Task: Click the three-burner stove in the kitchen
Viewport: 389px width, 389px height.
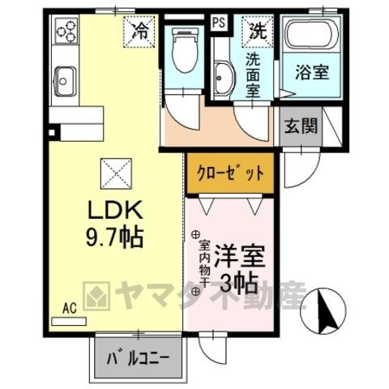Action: coord(67,30)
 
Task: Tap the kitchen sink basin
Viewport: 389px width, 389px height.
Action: coord(65,81)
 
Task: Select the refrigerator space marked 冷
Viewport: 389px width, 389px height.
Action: coord(139,32)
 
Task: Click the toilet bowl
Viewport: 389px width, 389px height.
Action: coord(185,50)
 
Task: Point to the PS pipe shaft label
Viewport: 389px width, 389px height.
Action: coord(219,23)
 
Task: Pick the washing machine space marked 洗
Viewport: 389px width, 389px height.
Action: coord(258,32)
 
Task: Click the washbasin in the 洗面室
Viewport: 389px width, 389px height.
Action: coord(224,78)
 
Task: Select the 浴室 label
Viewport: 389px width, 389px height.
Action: coord(312,72)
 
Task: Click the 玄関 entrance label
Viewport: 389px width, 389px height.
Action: coord(301,126)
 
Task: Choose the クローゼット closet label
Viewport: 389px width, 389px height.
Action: coord(230,173)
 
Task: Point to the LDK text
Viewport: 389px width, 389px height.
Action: coord(115,210)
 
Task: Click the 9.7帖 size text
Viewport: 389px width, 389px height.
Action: coord(114,237)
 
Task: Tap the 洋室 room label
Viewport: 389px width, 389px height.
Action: coord(239,256)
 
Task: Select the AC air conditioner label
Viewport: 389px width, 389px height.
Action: coord(70,308)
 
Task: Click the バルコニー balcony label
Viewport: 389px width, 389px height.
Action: coord(138,359)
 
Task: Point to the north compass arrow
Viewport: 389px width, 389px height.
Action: coord(327,310)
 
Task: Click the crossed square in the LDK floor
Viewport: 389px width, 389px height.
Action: coord(116,173)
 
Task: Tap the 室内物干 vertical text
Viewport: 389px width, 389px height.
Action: coord(204,263)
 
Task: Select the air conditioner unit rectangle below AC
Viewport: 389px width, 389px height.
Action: coord(69,321)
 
